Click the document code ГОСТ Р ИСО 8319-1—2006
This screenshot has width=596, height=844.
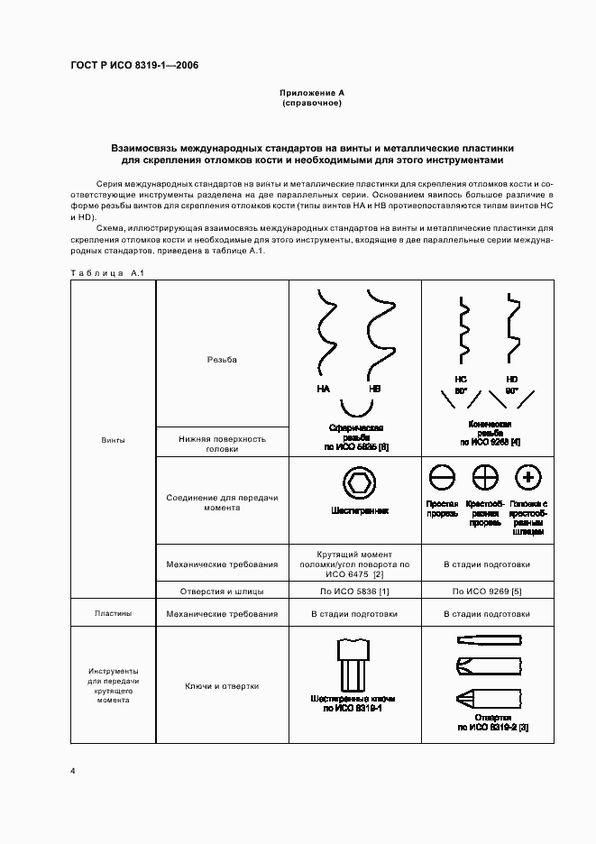pyautogui.click(x=134, y=66)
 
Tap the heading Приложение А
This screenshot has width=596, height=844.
pyautogui.click(x=311, y=93)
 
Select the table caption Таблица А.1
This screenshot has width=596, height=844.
pyautogui.click(x=101, y=272)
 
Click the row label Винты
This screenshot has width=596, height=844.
pyautogui.click(x=114, y=440)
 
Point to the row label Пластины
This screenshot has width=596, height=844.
pyautogui.click(x=114, y=613)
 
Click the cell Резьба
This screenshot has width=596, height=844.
pyautogui.click(x=222, y=359)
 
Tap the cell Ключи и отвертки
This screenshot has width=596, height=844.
pyautogui.click(x=222, y=686)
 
